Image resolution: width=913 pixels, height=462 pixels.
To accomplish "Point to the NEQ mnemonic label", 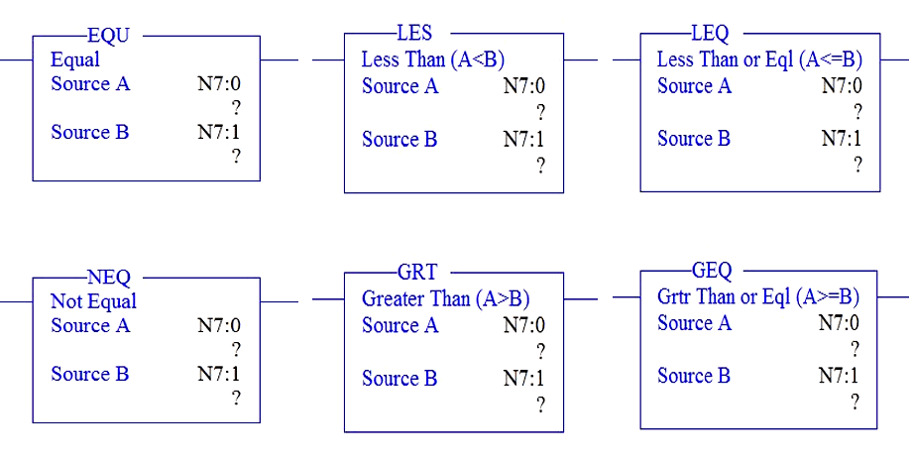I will tap(109, 278).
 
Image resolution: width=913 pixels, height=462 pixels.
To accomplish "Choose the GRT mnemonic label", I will tap(417, 273).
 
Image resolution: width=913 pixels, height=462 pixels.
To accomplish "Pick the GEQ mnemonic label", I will tap(712, 271).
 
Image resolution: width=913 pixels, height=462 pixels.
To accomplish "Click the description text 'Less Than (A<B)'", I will tap(432, 60).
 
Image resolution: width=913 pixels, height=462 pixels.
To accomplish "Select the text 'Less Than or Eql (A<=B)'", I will tap(759, 59).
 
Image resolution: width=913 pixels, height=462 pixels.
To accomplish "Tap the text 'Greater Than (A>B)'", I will tap(445, 298).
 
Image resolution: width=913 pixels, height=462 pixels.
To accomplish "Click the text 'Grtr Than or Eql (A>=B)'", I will tap(758, 296).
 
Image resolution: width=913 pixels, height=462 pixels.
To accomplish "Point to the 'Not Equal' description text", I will tap(93, 301).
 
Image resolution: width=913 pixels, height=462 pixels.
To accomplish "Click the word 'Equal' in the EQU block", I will tap(75, 59).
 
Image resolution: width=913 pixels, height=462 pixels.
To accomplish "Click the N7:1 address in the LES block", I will tap(523, 140).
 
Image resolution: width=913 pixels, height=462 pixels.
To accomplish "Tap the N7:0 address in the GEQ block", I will tap(839, 323).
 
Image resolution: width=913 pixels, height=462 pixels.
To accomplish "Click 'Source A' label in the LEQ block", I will tap(694, 86).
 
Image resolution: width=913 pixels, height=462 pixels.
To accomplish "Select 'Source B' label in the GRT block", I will tap(399, 379).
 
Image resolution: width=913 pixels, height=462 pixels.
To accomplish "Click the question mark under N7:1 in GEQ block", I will tap(855, 403).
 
